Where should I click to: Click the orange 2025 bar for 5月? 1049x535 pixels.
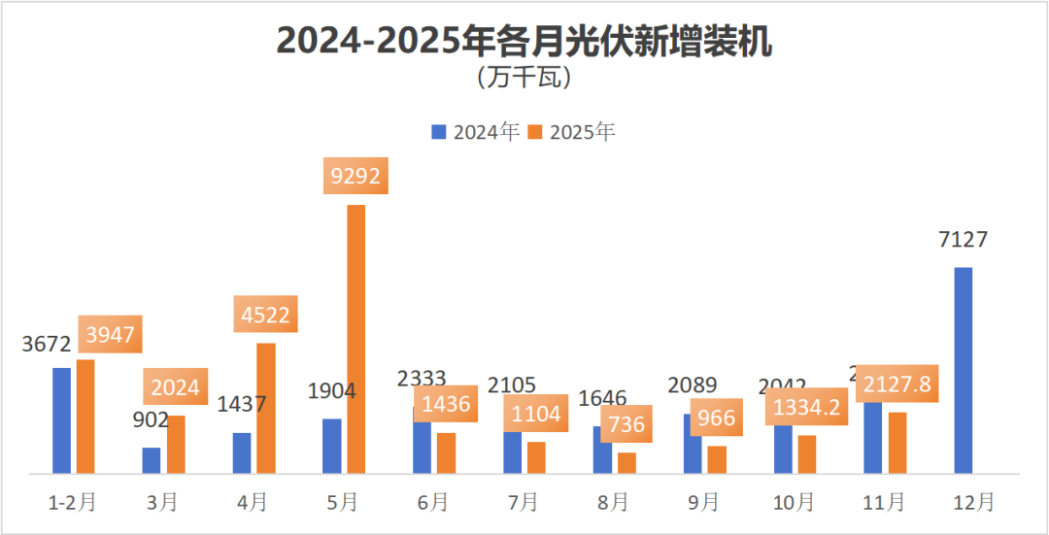coord(356,339)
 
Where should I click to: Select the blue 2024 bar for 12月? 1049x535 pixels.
coord(963,370)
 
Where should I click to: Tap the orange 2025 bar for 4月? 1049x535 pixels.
coord(266,408)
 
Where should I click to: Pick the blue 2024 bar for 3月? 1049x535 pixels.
coord(152,460)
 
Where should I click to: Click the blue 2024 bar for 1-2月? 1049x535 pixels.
coord(62,420)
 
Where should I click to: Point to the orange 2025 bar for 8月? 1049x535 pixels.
coord(626,463)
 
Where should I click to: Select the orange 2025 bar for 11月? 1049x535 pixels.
coord(897,443)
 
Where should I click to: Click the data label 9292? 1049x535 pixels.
coord(356,176)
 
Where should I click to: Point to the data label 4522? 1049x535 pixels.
coord(265,315)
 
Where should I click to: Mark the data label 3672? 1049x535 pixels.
coord(48,344)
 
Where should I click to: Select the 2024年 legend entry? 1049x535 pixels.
coord(477,132)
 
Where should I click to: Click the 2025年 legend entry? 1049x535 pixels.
coord(572,132)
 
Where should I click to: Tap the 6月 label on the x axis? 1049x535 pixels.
coord(433,502)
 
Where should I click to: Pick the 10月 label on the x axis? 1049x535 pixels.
coord(794,502)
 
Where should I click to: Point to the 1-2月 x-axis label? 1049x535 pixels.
coord(73,502)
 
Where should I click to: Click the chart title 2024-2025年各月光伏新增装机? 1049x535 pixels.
coord(524,42)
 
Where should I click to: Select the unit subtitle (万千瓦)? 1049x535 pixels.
coord(524,77)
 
